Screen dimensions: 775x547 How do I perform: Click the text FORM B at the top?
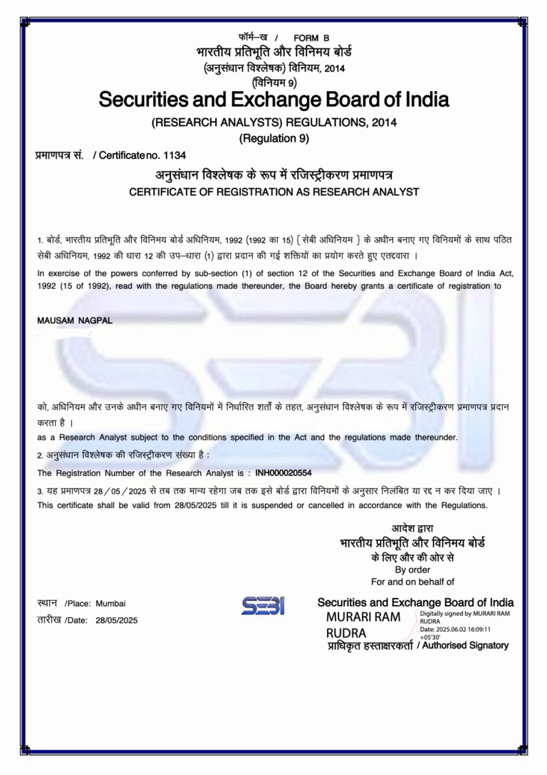311,38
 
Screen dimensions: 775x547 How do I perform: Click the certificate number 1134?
174,154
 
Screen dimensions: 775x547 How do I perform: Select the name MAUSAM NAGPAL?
75,320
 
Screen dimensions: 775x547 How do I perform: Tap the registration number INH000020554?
283,473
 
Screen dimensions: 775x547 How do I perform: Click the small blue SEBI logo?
263,606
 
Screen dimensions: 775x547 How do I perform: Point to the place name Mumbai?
110,603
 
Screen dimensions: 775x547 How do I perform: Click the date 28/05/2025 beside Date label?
116,621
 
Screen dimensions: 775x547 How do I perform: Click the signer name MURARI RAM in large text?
363,616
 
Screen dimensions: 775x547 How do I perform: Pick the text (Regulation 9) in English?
274,138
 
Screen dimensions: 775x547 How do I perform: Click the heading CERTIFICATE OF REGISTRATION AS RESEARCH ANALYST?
274,192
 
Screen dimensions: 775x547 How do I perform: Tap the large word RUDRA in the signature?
346,633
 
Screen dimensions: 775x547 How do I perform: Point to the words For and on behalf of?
413,581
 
